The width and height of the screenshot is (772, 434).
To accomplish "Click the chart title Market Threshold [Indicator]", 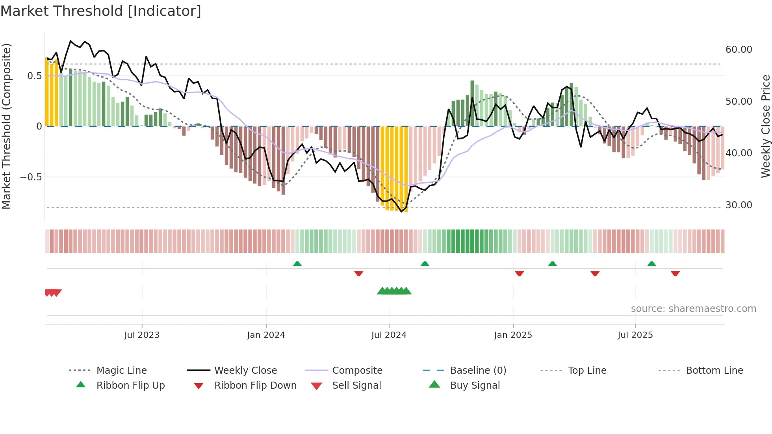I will (x=101, y=11).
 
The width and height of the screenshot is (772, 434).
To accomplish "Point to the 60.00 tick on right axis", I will (x=739, y=50).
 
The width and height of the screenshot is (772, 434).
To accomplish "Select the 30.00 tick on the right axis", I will (x=739, y=205).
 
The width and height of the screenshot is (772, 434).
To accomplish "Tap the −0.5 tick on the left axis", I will (x=31, y=177).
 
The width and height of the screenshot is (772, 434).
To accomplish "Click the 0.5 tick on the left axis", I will (x=34, y=76).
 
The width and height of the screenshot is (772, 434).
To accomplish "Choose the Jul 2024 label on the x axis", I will (x=388, y=335).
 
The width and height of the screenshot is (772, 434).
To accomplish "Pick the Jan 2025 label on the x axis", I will (x=513, y=335).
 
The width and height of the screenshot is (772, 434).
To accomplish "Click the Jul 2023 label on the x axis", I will (x=142, y=335).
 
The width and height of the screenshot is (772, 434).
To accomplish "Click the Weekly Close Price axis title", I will (x=765, y=126).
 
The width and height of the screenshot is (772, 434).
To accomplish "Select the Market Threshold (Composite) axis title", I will (x=6, y=126).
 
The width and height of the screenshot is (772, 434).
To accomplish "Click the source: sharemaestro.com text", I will (x=693, y=309).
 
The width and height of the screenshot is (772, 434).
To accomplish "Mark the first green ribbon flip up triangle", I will (x=297, y=264).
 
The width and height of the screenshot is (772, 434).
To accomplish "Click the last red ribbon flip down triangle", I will (x=675, y=273).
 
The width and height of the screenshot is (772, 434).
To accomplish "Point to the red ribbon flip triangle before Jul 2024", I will (x=358, y=273).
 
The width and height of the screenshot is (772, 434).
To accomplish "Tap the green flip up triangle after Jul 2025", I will (x=651, y=264).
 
